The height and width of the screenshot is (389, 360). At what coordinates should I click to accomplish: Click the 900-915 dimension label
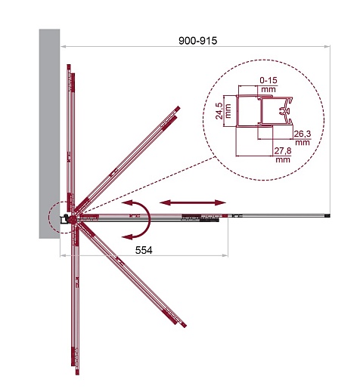tap(197, 41)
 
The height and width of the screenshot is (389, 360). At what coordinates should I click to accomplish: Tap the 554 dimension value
tap(144, 250)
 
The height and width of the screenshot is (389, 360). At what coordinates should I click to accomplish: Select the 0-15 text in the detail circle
tap(268, 80)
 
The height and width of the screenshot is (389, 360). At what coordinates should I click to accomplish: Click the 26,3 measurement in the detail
tap(303, 134)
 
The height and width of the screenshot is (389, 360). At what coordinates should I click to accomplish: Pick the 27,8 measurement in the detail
tap(283, 151)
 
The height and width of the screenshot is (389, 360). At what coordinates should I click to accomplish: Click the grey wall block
tap(49, 134)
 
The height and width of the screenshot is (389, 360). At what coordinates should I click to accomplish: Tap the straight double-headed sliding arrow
tap(193, 202)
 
